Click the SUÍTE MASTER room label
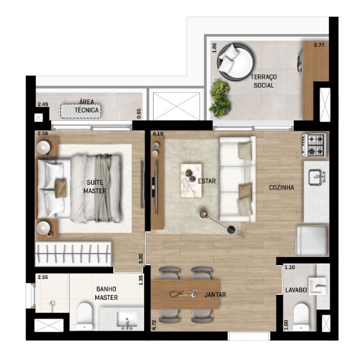95,187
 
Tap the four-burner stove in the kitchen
315,145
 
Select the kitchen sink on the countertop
317,178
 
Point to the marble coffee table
191,180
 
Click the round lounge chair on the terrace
236,62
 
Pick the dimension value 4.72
155,325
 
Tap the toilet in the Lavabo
301,317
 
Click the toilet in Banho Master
85,317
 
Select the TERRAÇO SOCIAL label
264,81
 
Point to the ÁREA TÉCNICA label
87,106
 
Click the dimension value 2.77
319,45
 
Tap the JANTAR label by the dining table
215,295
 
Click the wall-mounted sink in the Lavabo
317,286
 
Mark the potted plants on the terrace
220,98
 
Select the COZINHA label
282,187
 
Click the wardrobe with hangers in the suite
73,254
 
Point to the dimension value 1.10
289,267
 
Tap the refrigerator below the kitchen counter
312,240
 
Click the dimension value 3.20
140,259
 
